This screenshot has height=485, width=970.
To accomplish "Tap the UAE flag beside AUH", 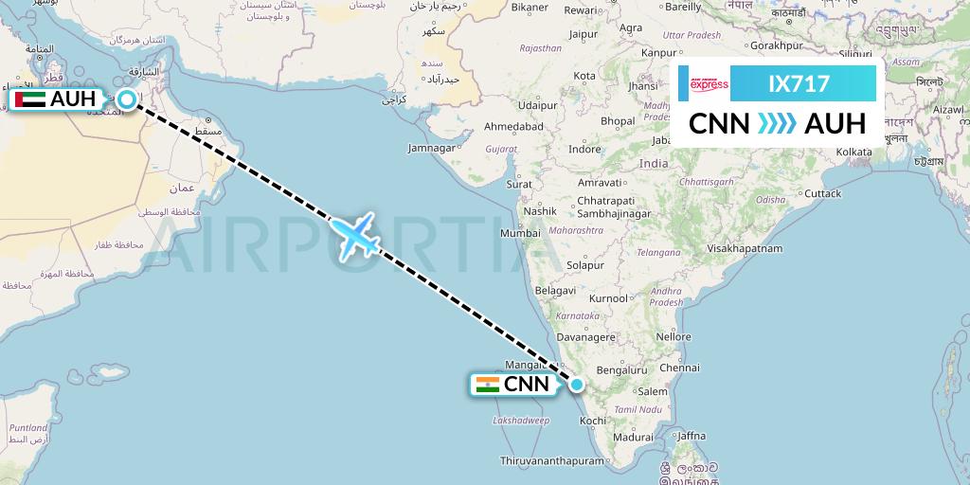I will pyautogui.click(x=31, y=99).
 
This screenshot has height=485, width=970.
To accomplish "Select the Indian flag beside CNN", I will pyautogui.click(x=488, y=384).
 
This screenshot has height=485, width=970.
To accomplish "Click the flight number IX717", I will pyautogui.click(x=799, y=84).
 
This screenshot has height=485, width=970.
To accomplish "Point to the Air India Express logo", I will pyautogui.click(x=709, y=84).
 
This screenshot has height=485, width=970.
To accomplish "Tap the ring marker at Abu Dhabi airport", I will pyautogui.click(x=127, y=98).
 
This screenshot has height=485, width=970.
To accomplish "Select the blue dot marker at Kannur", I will pyautogui.click(x=577, y=384).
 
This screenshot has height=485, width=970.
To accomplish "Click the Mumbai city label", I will pyautogui.click(x=521, y=233).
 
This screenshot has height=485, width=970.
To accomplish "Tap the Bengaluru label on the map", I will pyautogui.click(x=622, y=370).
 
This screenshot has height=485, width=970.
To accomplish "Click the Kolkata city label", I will pyautogui.click(x=854, y=152).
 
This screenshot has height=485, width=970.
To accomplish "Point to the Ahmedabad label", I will pyautogui.click(x=513, y=126).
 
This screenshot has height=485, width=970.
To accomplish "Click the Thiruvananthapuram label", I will pyautogui.click(x=552, y=460).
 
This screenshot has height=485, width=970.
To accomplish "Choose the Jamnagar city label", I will pyautogui.click(x=432, y=148).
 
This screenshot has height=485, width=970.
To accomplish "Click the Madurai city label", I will pyautogui.click(x=634, y=438).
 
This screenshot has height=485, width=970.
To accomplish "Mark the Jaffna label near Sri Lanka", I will pyautogui.click(x=691, y=435).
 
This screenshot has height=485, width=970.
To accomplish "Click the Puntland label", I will pyautogui.click(x=27, y=427).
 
